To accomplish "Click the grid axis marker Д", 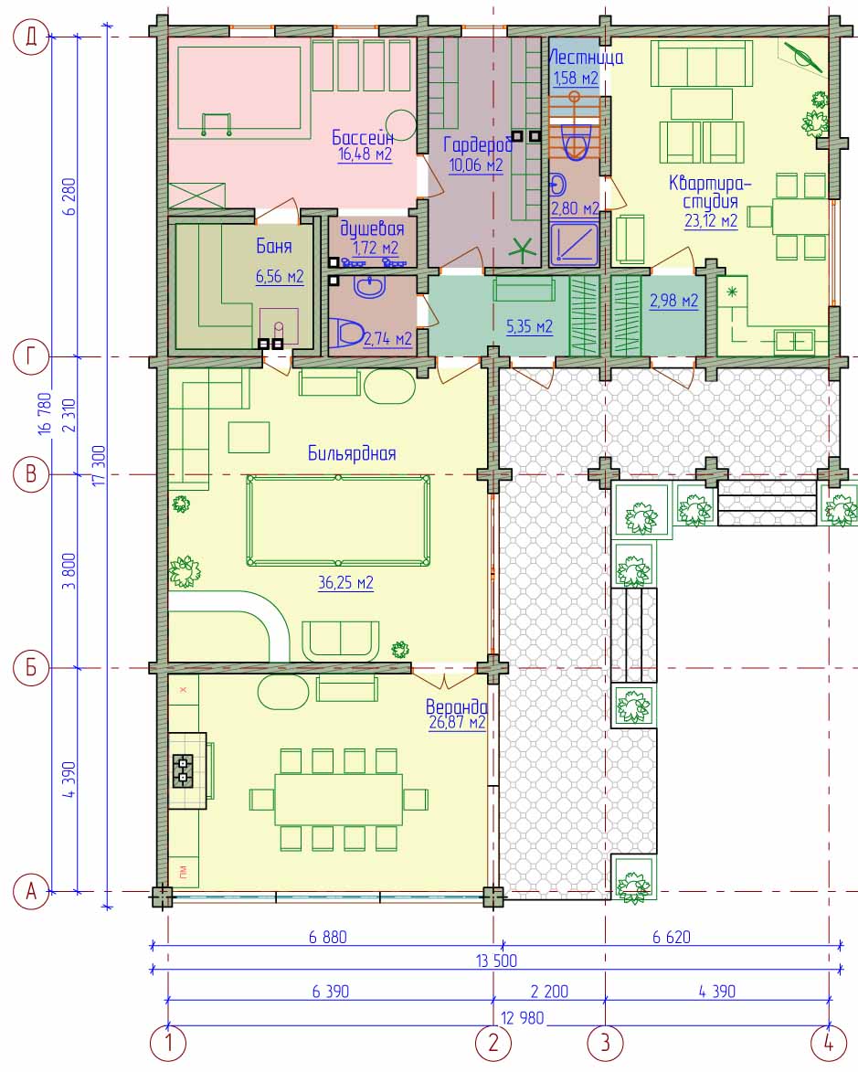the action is click(x=31, y=37).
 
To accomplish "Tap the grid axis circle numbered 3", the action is click(x=605, y=1044).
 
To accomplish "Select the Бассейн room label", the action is click(x=363, y=137).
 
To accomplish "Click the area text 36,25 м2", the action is click(x=345, y=582).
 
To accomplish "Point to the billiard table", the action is click(x=338, y=520).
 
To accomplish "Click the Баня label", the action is click(x=273, y=246).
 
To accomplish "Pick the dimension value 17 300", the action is click(x=99, y=465).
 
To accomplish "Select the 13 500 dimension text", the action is click(x=496, y=961).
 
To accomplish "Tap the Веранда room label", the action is click(x=456, y=706).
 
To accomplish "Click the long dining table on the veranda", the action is click(x=338, y=800).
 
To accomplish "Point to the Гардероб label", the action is click(x=478, y=144).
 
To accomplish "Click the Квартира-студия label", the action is click(x=710, y=192).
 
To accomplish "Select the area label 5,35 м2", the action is click(x=529, y=326).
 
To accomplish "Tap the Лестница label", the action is click(x=586, y=58).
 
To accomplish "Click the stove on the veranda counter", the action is click(x=183, y=770).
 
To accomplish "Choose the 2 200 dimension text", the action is click(x=549, y=992).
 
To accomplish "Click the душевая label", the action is click(x=372, y=228).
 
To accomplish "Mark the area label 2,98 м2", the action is click(x=673, y=301).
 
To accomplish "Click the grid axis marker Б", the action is click(x=31, y=667).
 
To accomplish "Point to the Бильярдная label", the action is click(x=352, y=453).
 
